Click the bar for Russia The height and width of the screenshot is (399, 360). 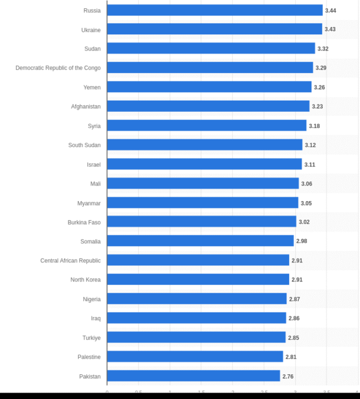[x=214, y=10]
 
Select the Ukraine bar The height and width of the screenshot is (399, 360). [x=214, y=29]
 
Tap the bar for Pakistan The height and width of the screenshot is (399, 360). [x=193, y=376]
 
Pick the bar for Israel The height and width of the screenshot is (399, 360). [x=204, y=164]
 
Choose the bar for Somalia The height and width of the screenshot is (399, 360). [x=200, y=241]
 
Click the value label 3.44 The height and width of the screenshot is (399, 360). [x=331, y=11]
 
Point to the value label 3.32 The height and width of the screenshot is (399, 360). [x=323, y=49]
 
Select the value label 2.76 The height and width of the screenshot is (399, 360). [x=288, y=377]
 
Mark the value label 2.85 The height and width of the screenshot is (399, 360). [x=294, y=338]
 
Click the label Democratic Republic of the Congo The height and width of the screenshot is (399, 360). [x=58, y=68]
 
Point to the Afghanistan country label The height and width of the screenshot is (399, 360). [x=85, y=106]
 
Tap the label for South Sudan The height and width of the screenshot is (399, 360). [x=84, y=145]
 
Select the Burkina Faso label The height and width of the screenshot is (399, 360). [x=84, y=222]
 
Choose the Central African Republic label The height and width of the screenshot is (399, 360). [x=70, y=260]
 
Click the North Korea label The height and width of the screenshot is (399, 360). [x=85, y=280]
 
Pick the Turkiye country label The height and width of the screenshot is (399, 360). [x=91, y=338]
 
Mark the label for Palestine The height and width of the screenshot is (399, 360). [x=89, y=357]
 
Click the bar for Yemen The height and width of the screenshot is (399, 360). [x=209, y=87]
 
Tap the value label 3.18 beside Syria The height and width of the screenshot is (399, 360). [x=314, y=126]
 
